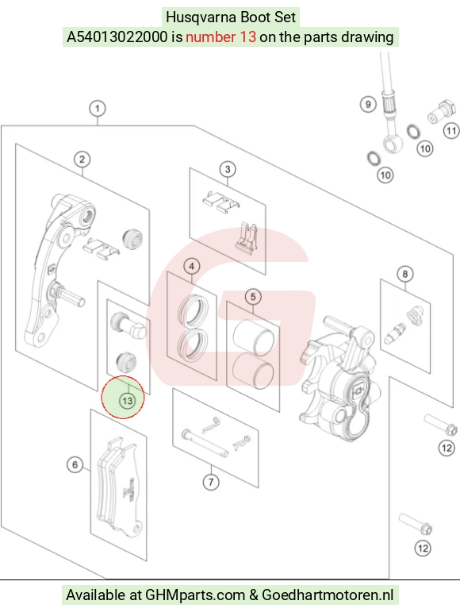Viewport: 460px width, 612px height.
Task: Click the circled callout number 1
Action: [98, 108]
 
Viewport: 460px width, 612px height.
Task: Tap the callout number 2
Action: [82, 160]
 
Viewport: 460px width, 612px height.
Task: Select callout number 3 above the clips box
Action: [228, 169]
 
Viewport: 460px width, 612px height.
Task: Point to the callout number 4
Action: [191, 267]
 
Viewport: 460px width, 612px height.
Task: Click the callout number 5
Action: [253, 297]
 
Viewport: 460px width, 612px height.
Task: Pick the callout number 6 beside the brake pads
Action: [75, 464]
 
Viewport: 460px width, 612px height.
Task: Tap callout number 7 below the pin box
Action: [211, 482]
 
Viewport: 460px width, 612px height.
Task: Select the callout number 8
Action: [405, 274]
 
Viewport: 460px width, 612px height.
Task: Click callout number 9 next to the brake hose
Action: [368, 104]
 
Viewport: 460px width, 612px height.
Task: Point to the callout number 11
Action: [451, 130]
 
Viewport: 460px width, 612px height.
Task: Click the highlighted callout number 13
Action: [127, 401]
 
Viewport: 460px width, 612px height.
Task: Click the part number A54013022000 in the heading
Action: [117, 37]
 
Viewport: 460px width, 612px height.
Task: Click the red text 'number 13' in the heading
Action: [220, 37]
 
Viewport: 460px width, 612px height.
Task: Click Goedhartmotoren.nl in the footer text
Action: [328, 595]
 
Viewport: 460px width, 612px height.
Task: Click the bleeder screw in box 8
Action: [395, 333]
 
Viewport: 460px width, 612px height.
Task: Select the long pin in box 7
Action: [205, 443]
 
